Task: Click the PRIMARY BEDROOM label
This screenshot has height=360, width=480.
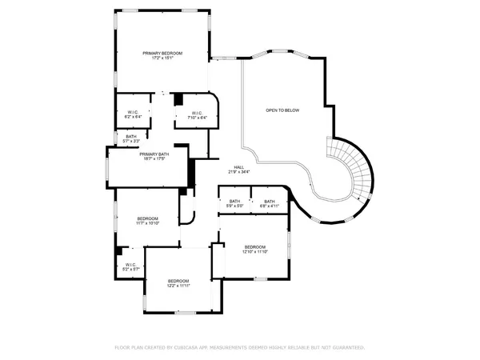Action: coord(162,53)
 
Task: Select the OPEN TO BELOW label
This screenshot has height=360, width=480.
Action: coord(282,110)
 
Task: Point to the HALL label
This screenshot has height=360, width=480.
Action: coord(238,167)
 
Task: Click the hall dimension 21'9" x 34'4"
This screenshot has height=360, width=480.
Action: coord(238,172)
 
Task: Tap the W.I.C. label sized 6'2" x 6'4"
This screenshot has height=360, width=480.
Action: coord(132,112)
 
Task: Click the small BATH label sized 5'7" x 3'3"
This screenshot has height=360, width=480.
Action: coord(130,136)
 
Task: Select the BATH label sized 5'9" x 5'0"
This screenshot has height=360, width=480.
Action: coord(234,201)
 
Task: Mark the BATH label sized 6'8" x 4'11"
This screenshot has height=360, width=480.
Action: coord(269,201)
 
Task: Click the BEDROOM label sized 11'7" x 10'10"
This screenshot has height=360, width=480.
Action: coord(147,218)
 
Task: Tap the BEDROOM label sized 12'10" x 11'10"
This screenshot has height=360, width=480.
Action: coord(254,246)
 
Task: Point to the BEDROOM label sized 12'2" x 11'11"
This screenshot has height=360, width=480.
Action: coord(178,281)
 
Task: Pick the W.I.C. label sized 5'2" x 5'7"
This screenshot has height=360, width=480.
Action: coord(130,264)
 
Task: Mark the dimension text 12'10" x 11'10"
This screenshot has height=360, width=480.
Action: coord(254,251)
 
